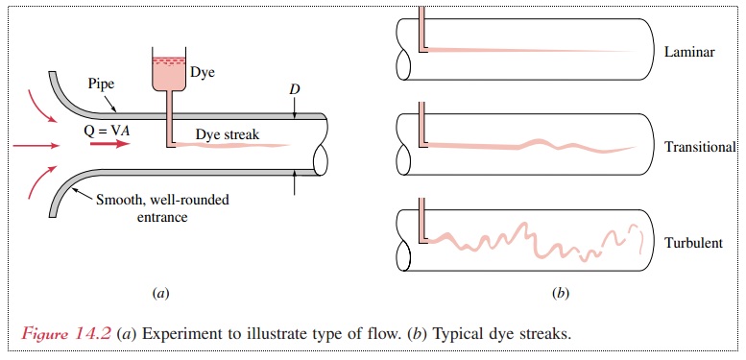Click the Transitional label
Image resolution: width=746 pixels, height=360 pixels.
coord(700,148)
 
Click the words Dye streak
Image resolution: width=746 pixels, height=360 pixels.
coord(227,134)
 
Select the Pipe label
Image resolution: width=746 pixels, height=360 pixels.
coord(100,84)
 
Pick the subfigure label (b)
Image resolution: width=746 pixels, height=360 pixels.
coord(561,291)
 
